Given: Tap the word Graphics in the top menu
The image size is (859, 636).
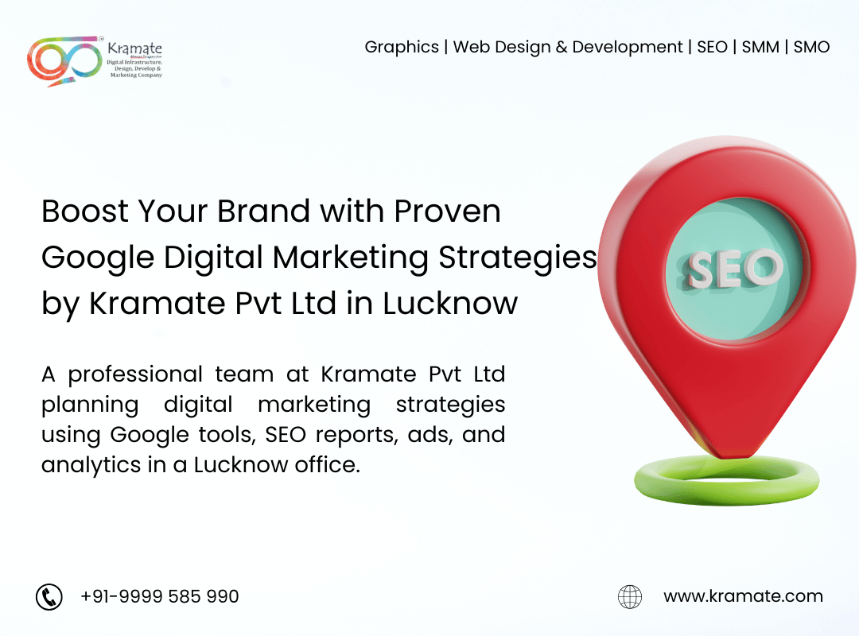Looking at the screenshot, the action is [x=402, y=48].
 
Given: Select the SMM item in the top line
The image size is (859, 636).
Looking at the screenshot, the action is [x=760, y=47].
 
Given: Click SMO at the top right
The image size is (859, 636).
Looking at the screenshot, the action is [x=811, y=47].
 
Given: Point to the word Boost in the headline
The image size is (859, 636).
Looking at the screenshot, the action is [x=85, y=211].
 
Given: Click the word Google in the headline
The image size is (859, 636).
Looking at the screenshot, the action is [x=98, y=258].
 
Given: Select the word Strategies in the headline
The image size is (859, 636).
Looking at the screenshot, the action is [x=518, y=258].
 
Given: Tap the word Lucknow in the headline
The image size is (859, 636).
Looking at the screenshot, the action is [x=449, y=304].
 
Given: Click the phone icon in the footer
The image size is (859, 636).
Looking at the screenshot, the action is [x=49, y=596].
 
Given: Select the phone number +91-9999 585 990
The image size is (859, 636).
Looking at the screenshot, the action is [x=159, y=596].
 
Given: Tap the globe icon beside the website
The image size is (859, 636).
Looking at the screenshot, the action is [x=630, y=596].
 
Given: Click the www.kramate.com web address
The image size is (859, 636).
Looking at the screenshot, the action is [x=743, y=595].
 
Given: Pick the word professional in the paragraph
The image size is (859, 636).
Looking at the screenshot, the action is [x=135, y=375].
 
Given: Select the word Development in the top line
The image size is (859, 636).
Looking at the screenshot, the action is [x=628, y=48].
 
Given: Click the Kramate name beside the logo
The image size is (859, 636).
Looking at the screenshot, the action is [x=134, y=48].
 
